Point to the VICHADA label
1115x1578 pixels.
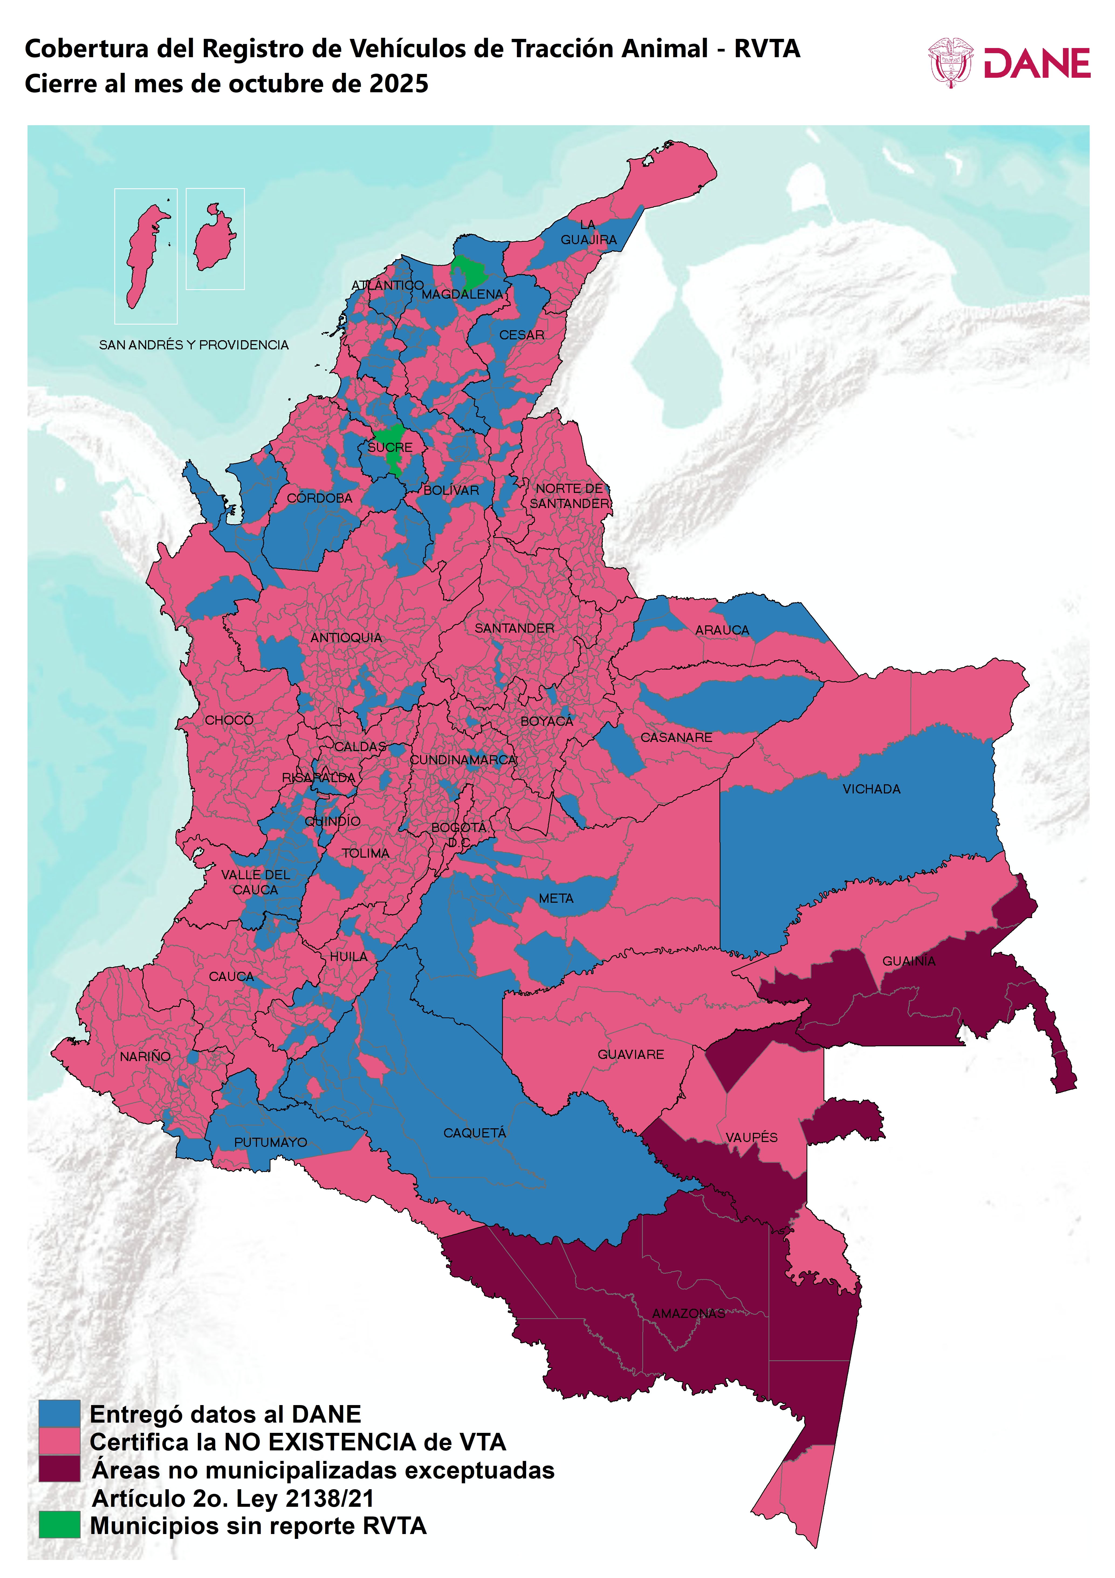(x=871, y=789)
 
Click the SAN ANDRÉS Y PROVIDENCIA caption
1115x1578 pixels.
(x=194, y=345)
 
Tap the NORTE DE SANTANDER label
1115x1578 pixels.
(x=569, y=496)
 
